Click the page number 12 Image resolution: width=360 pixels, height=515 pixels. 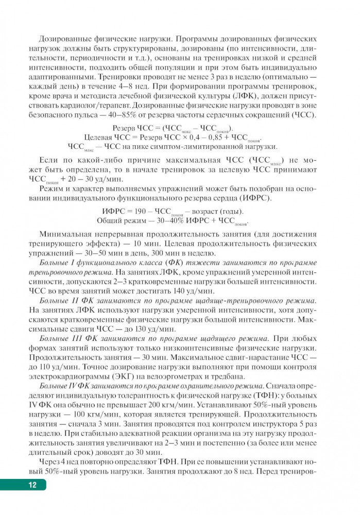32,485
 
